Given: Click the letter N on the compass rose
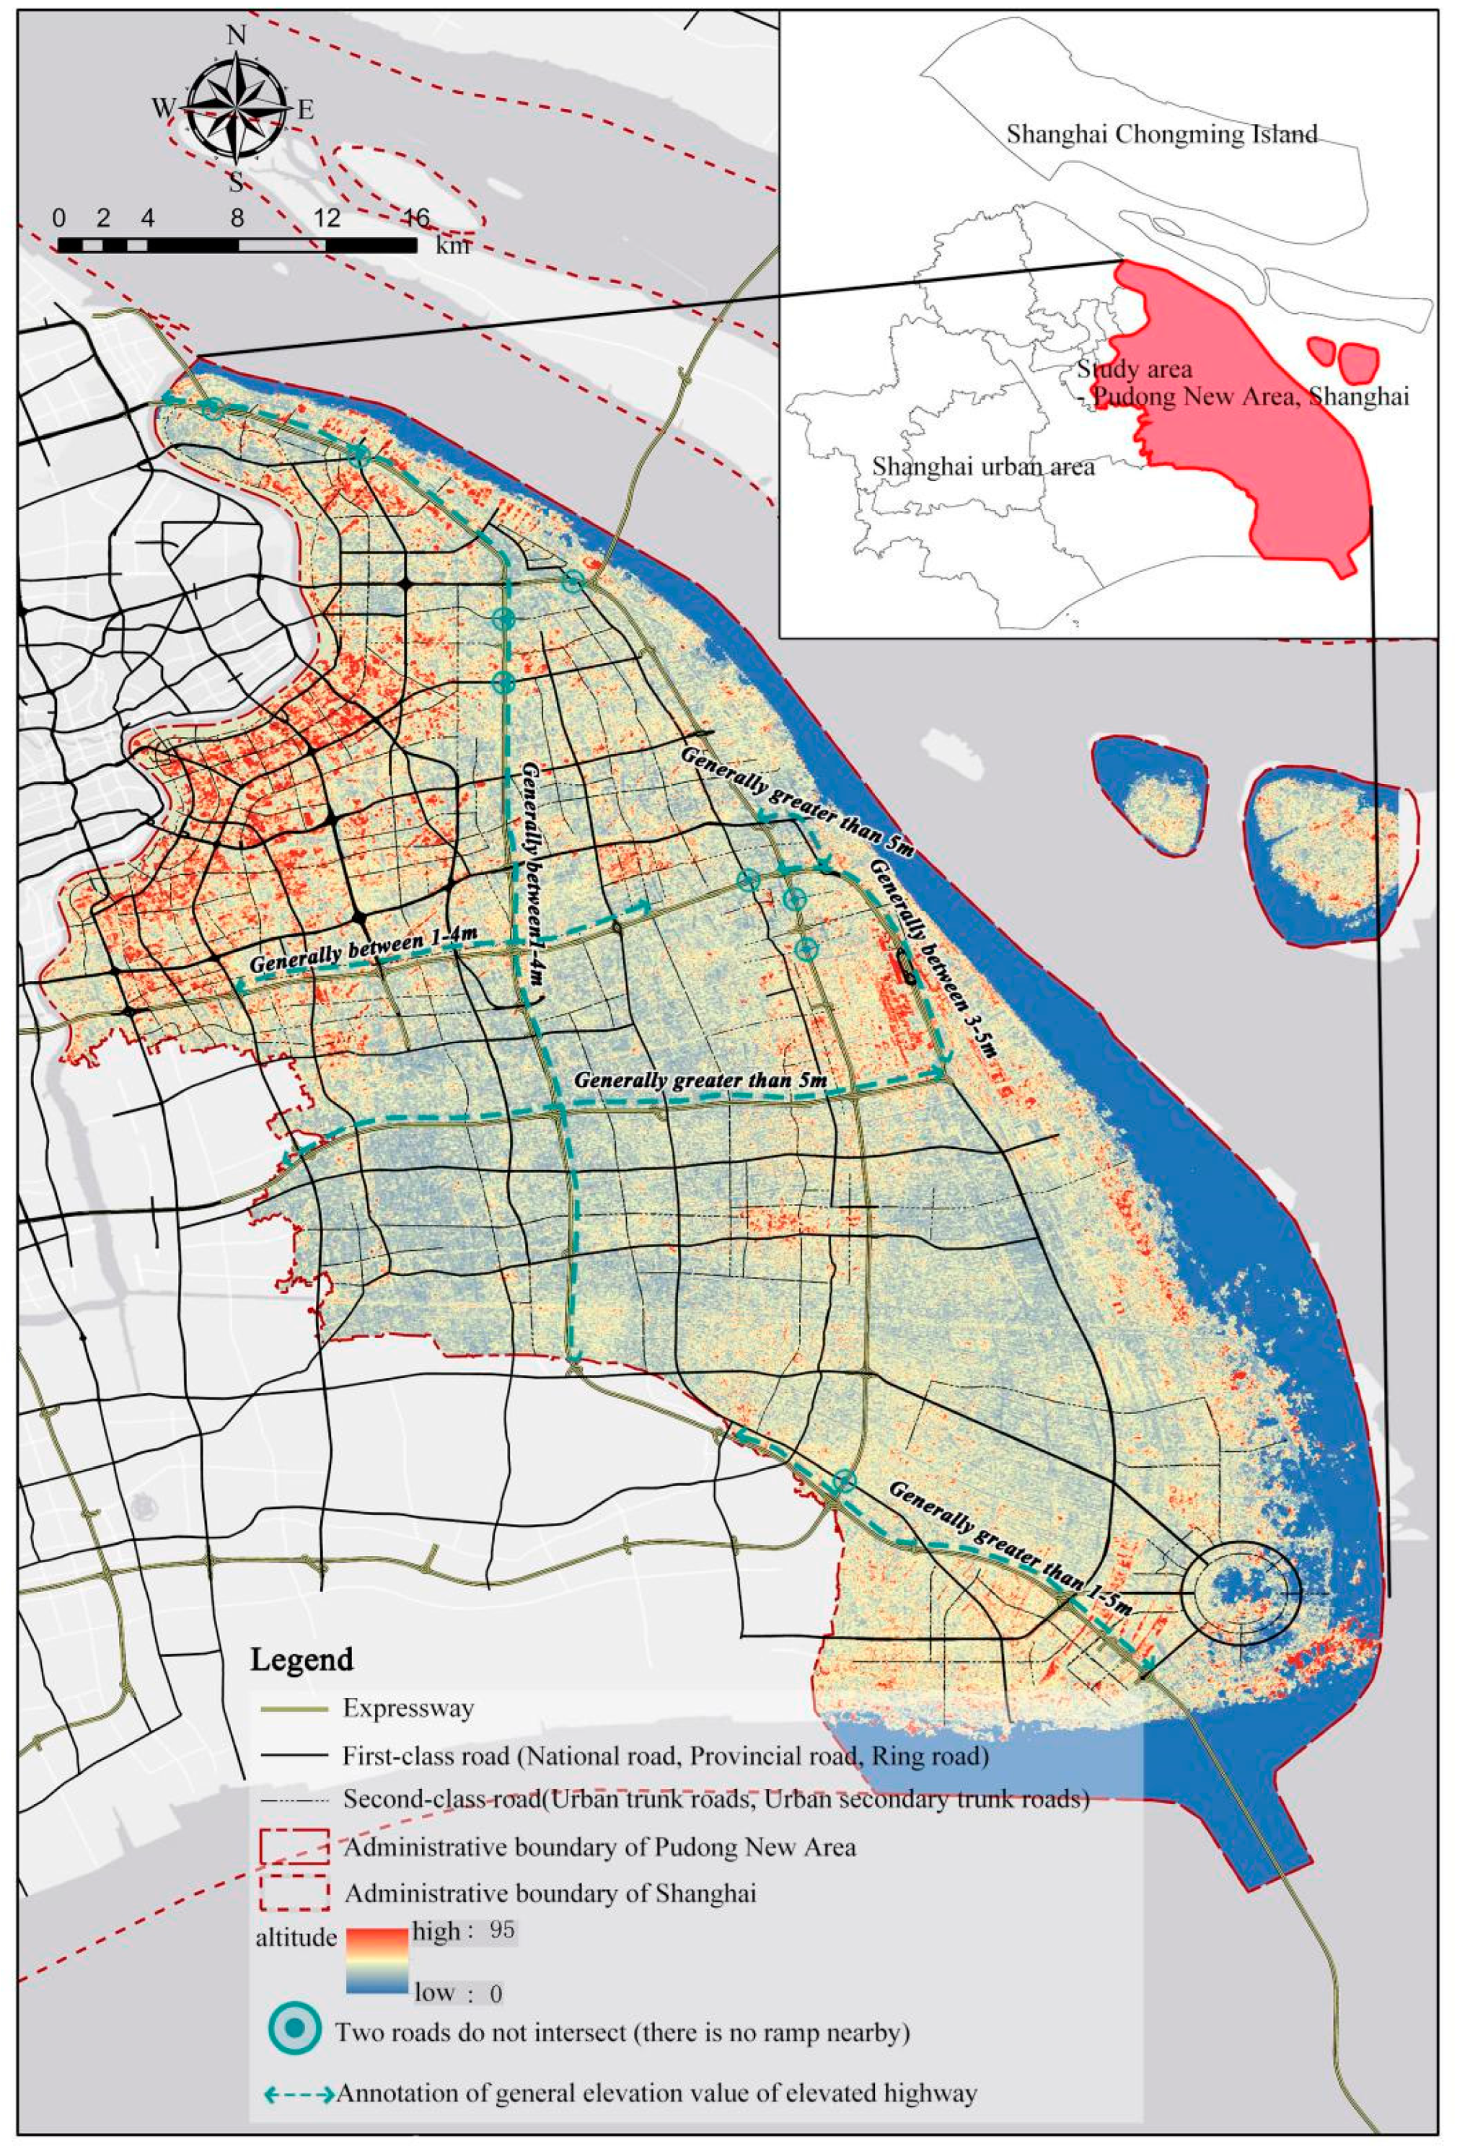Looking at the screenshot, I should [237, 35].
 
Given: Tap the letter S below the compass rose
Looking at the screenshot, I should [237, 181].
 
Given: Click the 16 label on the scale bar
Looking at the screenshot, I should [415, 218].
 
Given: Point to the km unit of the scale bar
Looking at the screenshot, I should [452, 245].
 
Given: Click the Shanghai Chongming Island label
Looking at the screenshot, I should [1161, 134].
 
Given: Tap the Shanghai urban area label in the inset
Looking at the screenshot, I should [982, 466].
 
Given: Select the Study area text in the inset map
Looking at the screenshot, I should [1134, 369].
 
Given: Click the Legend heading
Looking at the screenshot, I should [301, 1658].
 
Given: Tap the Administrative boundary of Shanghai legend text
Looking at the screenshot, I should [550, 1893].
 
